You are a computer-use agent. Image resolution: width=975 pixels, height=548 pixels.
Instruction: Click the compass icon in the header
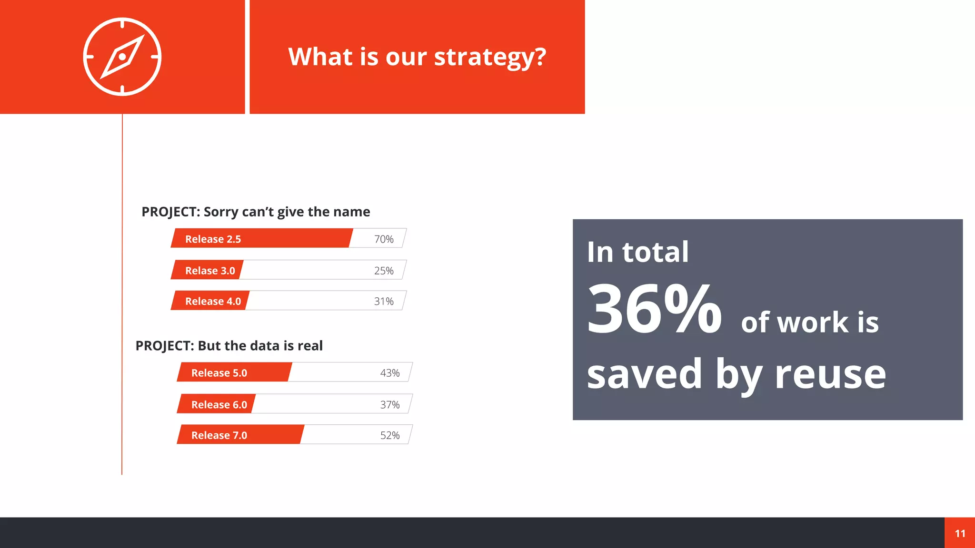[122, 57]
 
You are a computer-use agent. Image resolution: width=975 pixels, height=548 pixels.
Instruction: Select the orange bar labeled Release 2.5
[262, 238]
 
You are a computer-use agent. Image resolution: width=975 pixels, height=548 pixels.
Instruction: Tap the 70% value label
[384, 239]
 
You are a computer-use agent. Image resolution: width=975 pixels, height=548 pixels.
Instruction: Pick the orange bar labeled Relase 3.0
[208, 270]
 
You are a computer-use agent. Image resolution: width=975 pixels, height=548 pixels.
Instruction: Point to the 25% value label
[384, 271]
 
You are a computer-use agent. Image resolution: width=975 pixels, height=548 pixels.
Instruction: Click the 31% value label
[384, 301]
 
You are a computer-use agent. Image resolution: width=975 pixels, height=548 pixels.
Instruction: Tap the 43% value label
[390, 373]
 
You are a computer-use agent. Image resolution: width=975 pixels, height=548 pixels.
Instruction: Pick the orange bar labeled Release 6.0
[217, 404]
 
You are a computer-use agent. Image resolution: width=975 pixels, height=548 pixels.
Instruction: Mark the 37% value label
[390, 404]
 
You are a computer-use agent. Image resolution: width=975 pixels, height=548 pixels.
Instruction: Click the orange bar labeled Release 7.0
[240, 435]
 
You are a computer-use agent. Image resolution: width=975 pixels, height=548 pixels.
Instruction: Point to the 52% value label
[390, 435]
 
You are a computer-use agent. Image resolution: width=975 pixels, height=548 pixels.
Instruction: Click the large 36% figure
[654, 309]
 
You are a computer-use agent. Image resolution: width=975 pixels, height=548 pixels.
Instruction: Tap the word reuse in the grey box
[830, 374]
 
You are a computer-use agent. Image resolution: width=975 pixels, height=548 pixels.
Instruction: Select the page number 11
[960, 533]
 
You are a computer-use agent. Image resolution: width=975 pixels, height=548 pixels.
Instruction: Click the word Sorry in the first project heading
[221, 212]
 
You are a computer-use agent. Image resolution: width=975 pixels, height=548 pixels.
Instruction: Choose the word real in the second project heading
[310, 346]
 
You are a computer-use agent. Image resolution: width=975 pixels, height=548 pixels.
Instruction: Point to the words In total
[637, 252]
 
